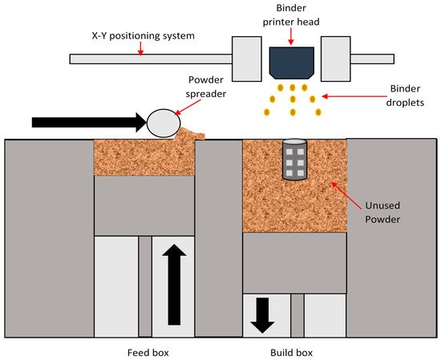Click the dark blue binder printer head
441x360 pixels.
(291, 63)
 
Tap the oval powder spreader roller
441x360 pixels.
(164, 123)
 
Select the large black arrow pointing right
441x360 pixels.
(90, 123)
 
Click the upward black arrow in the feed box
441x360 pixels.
(174, 285)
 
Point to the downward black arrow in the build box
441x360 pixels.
(262, 316)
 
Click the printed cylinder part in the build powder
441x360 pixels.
(294, 160)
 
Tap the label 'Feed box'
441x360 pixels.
(148, 353)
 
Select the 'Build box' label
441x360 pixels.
(291, 353)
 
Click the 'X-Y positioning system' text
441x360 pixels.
(144, 36)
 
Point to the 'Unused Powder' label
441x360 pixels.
(382, 212)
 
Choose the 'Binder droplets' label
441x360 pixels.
(405, 95)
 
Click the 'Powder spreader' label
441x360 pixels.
(206, 87)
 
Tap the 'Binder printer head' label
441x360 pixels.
(291, 14)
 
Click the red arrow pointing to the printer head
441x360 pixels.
(291, 36)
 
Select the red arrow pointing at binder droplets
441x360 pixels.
(354, 96)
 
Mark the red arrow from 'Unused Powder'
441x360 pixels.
(346, 196)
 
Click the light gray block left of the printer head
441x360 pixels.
(247, 59)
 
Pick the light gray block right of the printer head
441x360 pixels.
(335, 59)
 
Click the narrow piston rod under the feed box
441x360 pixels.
(145, 286)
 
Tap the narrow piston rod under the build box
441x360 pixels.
(297, 315)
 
